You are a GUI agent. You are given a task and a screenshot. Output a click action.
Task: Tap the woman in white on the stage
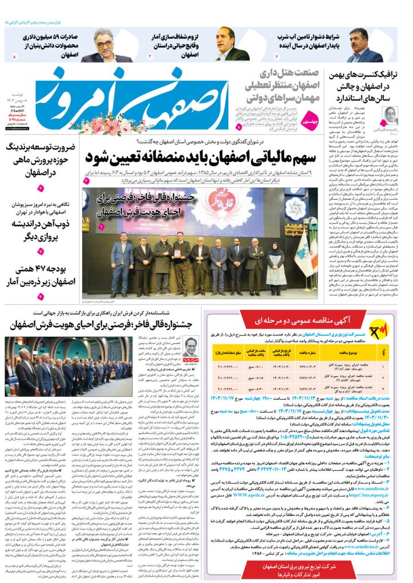(x=275, y=264)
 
